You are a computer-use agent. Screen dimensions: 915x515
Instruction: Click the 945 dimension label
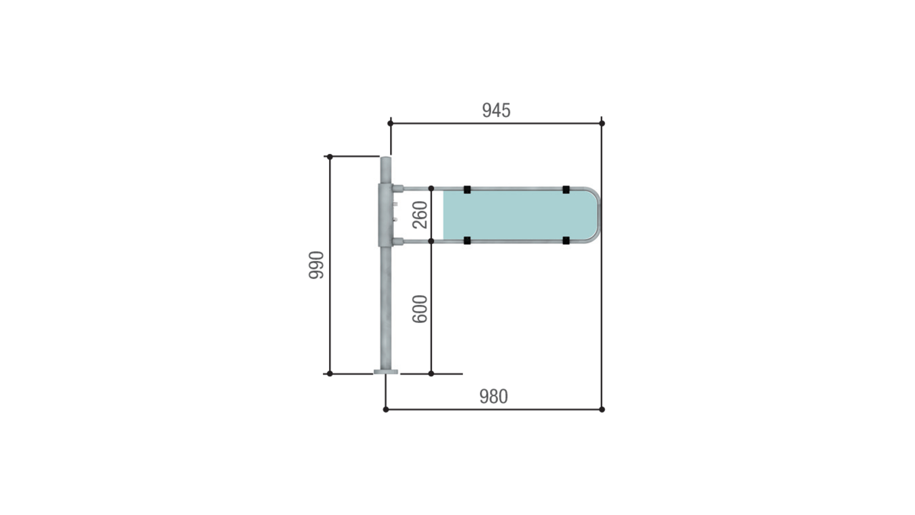(x=496, y=110)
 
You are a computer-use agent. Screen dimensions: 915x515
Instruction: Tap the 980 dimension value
(x=493, y=396)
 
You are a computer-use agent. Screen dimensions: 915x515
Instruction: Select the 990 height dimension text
(x=316, y=265)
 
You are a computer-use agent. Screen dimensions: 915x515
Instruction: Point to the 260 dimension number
(x=420, y=215)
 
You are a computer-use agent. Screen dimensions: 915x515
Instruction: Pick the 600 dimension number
(x=420, y=309)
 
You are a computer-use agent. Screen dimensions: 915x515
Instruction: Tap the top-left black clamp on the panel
(x=467, y=190)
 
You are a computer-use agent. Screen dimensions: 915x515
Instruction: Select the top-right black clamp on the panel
(x=566, y=190)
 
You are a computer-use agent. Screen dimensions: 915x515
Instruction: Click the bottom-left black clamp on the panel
(x=467, y=240)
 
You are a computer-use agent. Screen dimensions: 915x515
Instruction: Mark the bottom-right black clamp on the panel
(x=566, y=240)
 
